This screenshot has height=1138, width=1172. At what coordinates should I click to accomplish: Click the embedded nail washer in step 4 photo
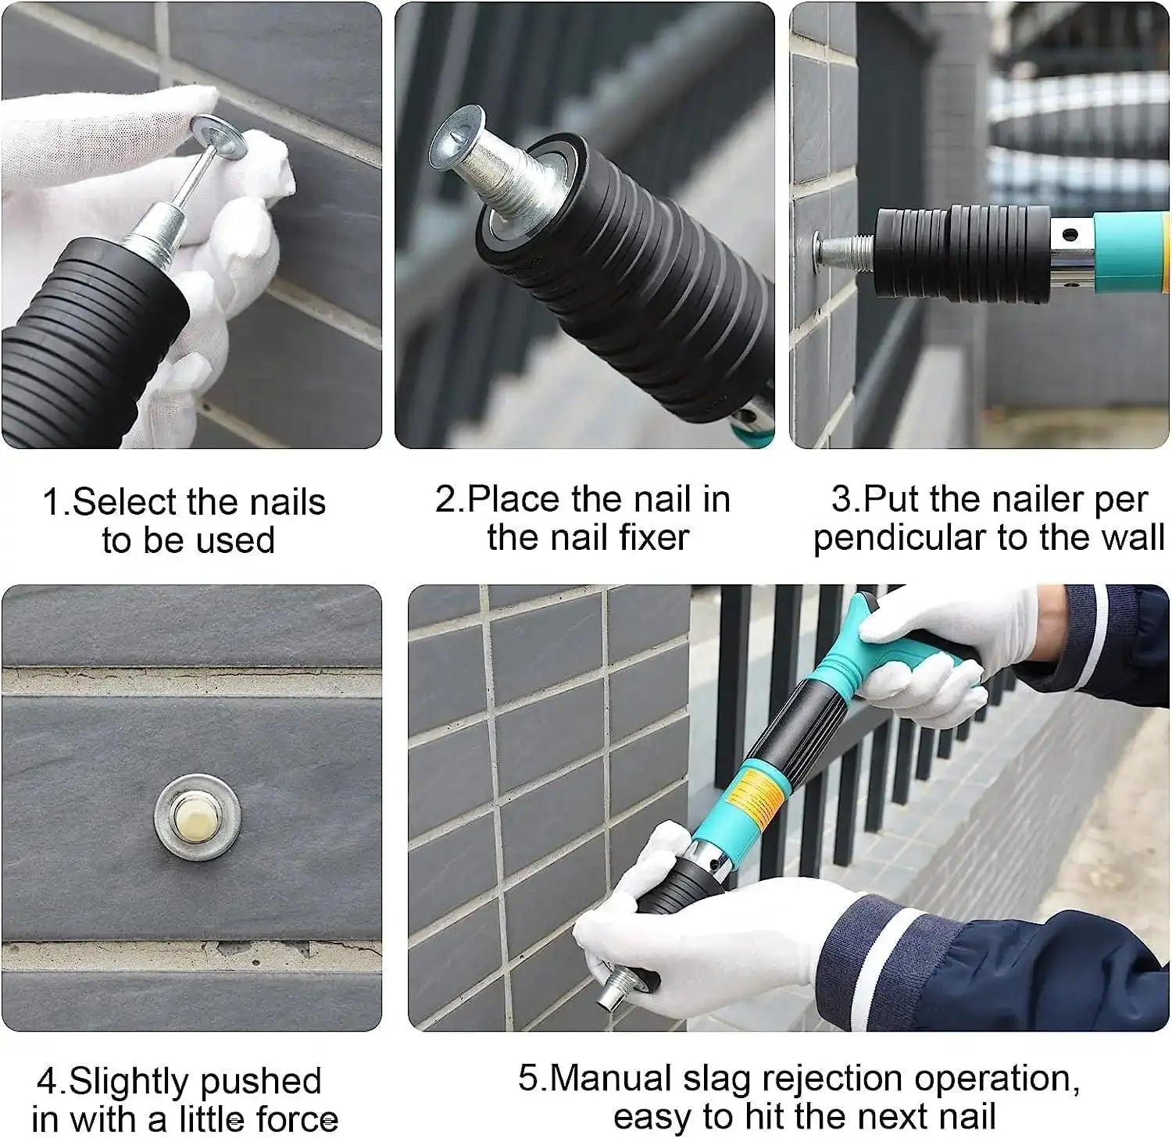click(x=197, y=817)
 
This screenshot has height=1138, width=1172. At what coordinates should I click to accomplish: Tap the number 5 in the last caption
click(x=528, y=1079)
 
